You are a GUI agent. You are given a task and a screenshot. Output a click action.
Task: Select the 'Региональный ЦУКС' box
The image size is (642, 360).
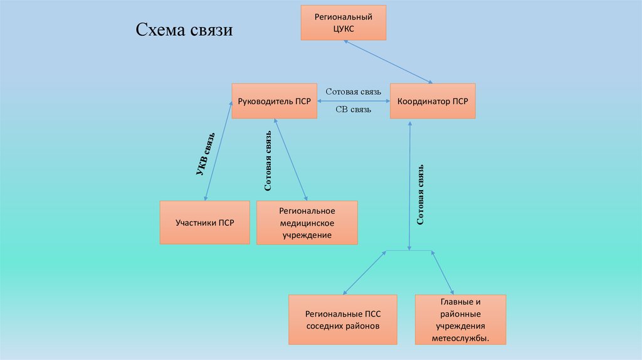pos(344,23)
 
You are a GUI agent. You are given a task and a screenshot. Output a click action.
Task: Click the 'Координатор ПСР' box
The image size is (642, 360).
pos(433,101)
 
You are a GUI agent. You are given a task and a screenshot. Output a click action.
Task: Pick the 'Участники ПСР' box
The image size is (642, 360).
pos(204,223)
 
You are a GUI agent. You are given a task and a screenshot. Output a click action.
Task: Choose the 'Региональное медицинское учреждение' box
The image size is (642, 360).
pos(307,223)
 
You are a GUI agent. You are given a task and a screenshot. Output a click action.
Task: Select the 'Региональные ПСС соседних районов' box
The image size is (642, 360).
pos(343,320)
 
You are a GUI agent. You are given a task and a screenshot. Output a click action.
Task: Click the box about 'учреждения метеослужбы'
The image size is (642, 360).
pos(460,320)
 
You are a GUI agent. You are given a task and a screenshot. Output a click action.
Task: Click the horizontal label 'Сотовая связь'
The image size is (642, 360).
pos(353,92)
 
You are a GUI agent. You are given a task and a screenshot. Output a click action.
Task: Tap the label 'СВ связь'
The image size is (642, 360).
pos(353,110)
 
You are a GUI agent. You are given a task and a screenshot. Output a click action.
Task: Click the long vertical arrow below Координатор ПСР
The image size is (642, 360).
pos(410,185)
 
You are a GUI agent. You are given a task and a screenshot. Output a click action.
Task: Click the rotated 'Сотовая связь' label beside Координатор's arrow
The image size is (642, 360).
pos(421,195)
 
